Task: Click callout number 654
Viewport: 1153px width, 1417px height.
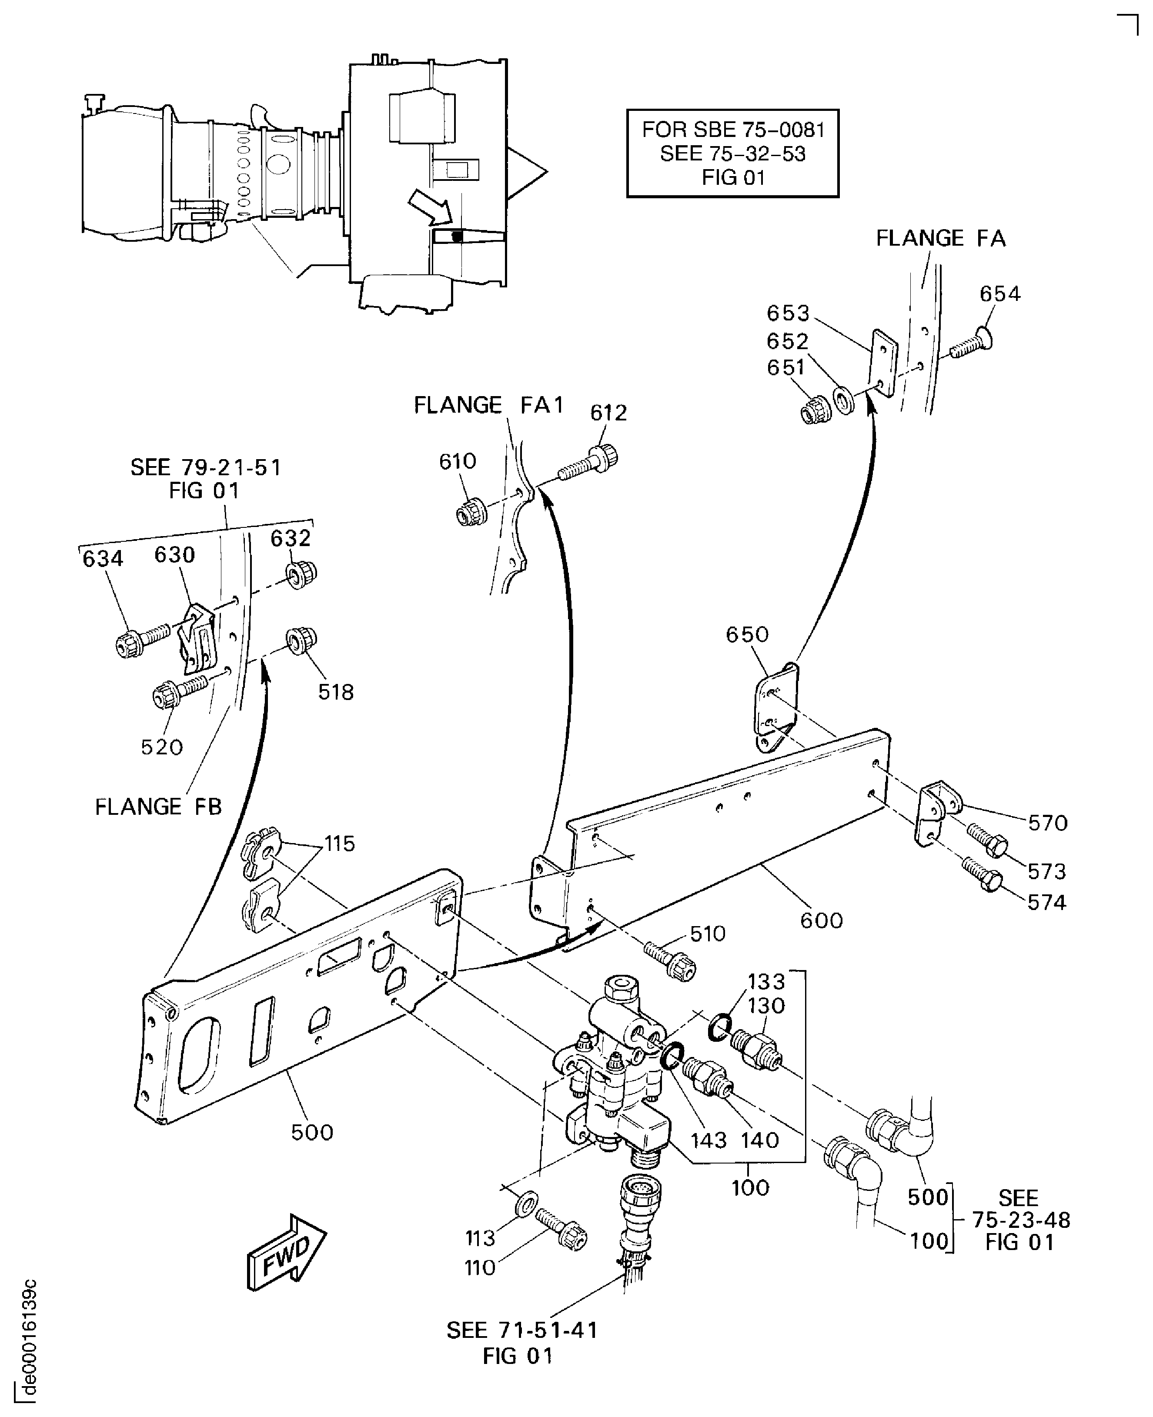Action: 999,293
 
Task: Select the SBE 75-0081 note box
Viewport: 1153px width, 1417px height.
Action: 732,153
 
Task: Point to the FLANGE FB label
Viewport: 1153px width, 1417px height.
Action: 158,807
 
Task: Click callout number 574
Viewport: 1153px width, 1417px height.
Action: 1047,902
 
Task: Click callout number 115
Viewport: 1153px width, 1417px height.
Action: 339,844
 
